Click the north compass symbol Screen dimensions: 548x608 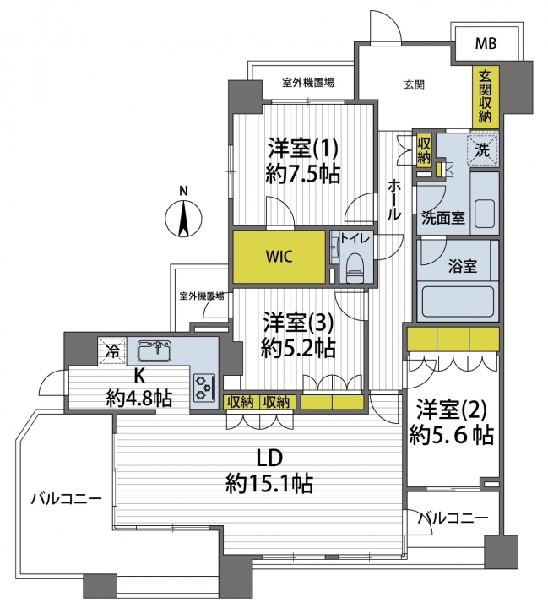coord(184,219)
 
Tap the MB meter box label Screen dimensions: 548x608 coord(486,43)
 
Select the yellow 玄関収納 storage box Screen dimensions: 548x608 coord(485,96)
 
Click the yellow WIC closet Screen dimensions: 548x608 coord(279,257)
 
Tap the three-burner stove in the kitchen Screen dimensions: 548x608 coord(204,388)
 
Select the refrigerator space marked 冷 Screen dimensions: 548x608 coord(112,351)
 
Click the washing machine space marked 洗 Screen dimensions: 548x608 coord(482,149)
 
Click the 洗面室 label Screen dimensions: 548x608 coord(443,219)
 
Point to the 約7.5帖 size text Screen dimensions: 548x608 coord(303,174)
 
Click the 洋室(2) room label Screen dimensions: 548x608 coord(452,411)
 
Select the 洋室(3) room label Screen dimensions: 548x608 coord(298,323)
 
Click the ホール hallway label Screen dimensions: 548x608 coord(394,200)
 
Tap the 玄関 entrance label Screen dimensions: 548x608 coord(415,84)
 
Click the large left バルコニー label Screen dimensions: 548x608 coord(67,499)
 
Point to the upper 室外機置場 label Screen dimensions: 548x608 coord(308,83)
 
